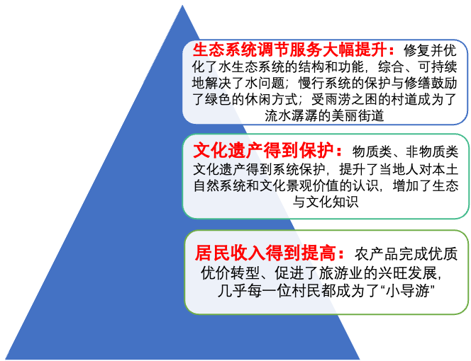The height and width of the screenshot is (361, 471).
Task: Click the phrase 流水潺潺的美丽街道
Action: click(x=323, y=115)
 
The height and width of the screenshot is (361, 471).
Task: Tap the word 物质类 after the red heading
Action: click(x=373, y=151)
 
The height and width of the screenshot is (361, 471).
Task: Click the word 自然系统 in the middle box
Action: click(x=216, y=185)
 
